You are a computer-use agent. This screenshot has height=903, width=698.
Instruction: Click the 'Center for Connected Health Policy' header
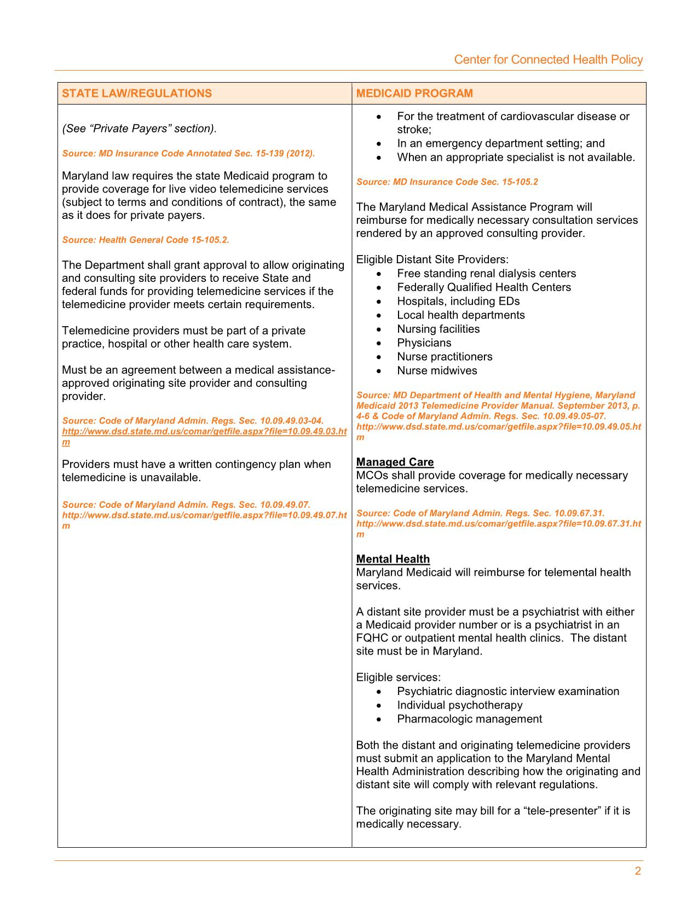548,60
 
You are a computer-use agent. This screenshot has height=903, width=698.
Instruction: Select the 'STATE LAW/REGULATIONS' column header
137,93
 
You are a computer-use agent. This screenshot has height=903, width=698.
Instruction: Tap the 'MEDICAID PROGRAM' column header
414,93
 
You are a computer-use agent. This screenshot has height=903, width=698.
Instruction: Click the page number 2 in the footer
638,871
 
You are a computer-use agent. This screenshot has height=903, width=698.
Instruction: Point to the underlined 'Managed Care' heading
395,462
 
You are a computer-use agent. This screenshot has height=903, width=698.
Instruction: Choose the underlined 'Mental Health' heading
393,559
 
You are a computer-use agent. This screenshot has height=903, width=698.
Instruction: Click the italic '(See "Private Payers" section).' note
140,129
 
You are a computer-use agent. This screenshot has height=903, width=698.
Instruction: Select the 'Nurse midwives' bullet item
437,371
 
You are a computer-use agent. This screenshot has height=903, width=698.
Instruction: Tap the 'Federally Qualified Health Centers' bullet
484,287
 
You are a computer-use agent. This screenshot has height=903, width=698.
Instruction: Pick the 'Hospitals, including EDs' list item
458,301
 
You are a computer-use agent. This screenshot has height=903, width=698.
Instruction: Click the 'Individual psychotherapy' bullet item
459,705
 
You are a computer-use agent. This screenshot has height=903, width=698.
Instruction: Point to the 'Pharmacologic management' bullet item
469,719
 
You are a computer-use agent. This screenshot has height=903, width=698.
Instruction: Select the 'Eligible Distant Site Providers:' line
432,259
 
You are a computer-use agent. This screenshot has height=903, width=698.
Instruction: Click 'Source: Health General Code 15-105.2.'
146,240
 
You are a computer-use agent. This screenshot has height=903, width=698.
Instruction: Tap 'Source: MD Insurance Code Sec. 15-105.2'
447,182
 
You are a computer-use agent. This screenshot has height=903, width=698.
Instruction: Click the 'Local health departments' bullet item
460,315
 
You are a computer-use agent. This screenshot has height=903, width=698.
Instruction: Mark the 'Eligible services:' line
398,678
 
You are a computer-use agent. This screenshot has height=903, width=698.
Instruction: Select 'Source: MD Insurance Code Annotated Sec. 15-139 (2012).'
188,153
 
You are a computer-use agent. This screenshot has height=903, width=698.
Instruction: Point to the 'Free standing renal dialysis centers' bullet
486,273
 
